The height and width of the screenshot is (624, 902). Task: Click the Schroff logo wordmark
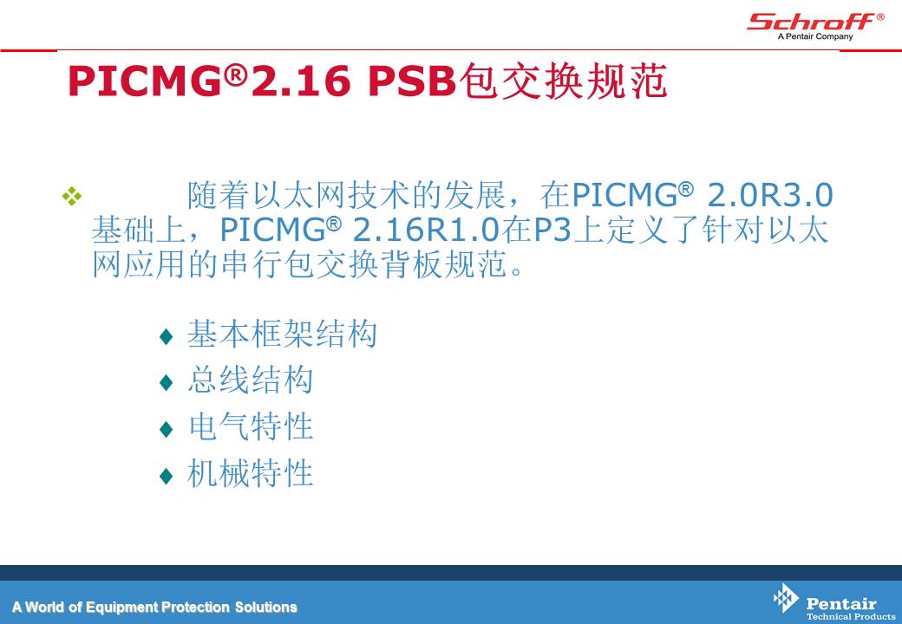[x=811, y=22]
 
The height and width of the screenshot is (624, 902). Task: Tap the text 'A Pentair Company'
[x=815, y=36]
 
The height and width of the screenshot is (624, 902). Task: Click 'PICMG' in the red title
[x=144, y=81]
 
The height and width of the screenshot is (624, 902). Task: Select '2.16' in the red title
[x=301, y=81]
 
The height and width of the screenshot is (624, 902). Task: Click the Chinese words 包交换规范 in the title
[x=563, y=81]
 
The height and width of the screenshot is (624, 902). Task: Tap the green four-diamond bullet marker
[x=72, y=196]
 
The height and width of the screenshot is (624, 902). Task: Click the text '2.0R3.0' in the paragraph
[x=769, y=195]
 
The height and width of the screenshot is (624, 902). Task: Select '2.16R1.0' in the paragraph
[x=426, y=230]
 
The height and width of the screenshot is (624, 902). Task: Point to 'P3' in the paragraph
[x=552, y=230]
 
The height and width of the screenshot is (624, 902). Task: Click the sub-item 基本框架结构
[x=282, y=334]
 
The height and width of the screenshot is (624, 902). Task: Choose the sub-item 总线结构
[x=251, y=380]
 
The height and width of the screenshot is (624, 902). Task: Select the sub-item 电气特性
[x=251, y=427]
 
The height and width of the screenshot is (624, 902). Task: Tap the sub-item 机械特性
[x=251, y=473]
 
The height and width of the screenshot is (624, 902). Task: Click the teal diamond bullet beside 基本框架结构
[x=167, y=336]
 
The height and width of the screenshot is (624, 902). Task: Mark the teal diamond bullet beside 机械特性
[x=167, y=476]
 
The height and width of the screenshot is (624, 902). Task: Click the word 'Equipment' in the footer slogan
[x=122, y=608]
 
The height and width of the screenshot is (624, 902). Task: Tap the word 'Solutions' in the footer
[x=265, y=607]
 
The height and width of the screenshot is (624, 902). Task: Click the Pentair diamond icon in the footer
[x=786, y=598]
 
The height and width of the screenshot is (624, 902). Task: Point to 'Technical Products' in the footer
[x=851, y=616]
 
